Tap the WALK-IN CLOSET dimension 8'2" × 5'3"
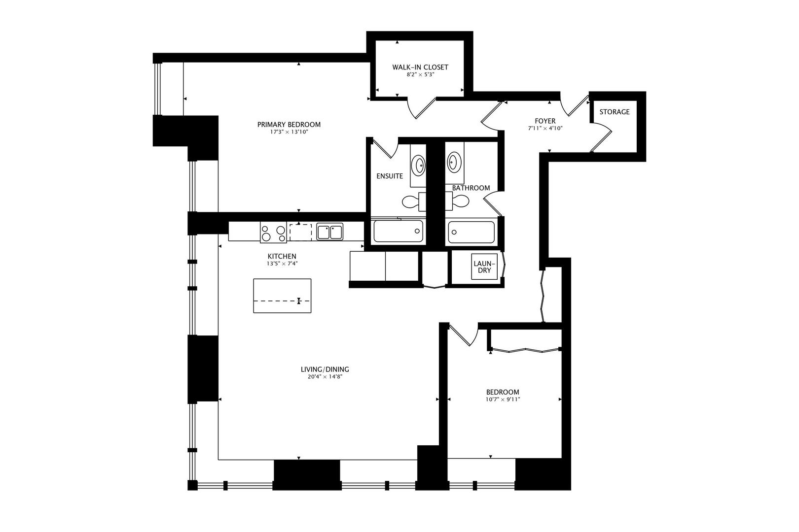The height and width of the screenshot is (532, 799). pos(420,75)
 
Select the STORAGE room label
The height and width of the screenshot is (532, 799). pos(614,112)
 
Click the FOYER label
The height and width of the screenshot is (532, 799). pos(545,121)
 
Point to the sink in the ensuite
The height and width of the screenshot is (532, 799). pos(419,165)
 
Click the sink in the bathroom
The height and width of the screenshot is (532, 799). pos(454,161)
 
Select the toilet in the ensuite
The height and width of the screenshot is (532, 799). pos(412,201)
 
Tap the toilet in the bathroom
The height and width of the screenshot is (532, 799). pos(459,201)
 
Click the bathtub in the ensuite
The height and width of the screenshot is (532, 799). pos(398,231)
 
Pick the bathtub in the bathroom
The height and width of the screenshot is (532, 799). pos(471,232)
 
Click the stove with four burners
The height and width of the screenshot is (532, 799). pos(273,233)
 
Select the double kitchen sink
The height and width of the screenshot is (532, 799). pos(330,232)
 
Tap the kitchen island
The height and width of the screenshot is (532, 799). pos(282,296)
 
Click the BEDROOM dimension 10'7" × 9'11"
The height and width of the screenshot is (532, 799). pos(502,399)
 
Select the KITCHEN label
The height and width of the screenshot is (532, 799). pos(282,256)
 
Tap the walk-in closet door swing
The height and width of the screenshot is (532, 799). pos(422,109)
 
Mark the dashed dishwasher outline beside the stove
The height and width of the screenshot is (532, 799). pos(301,232)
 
